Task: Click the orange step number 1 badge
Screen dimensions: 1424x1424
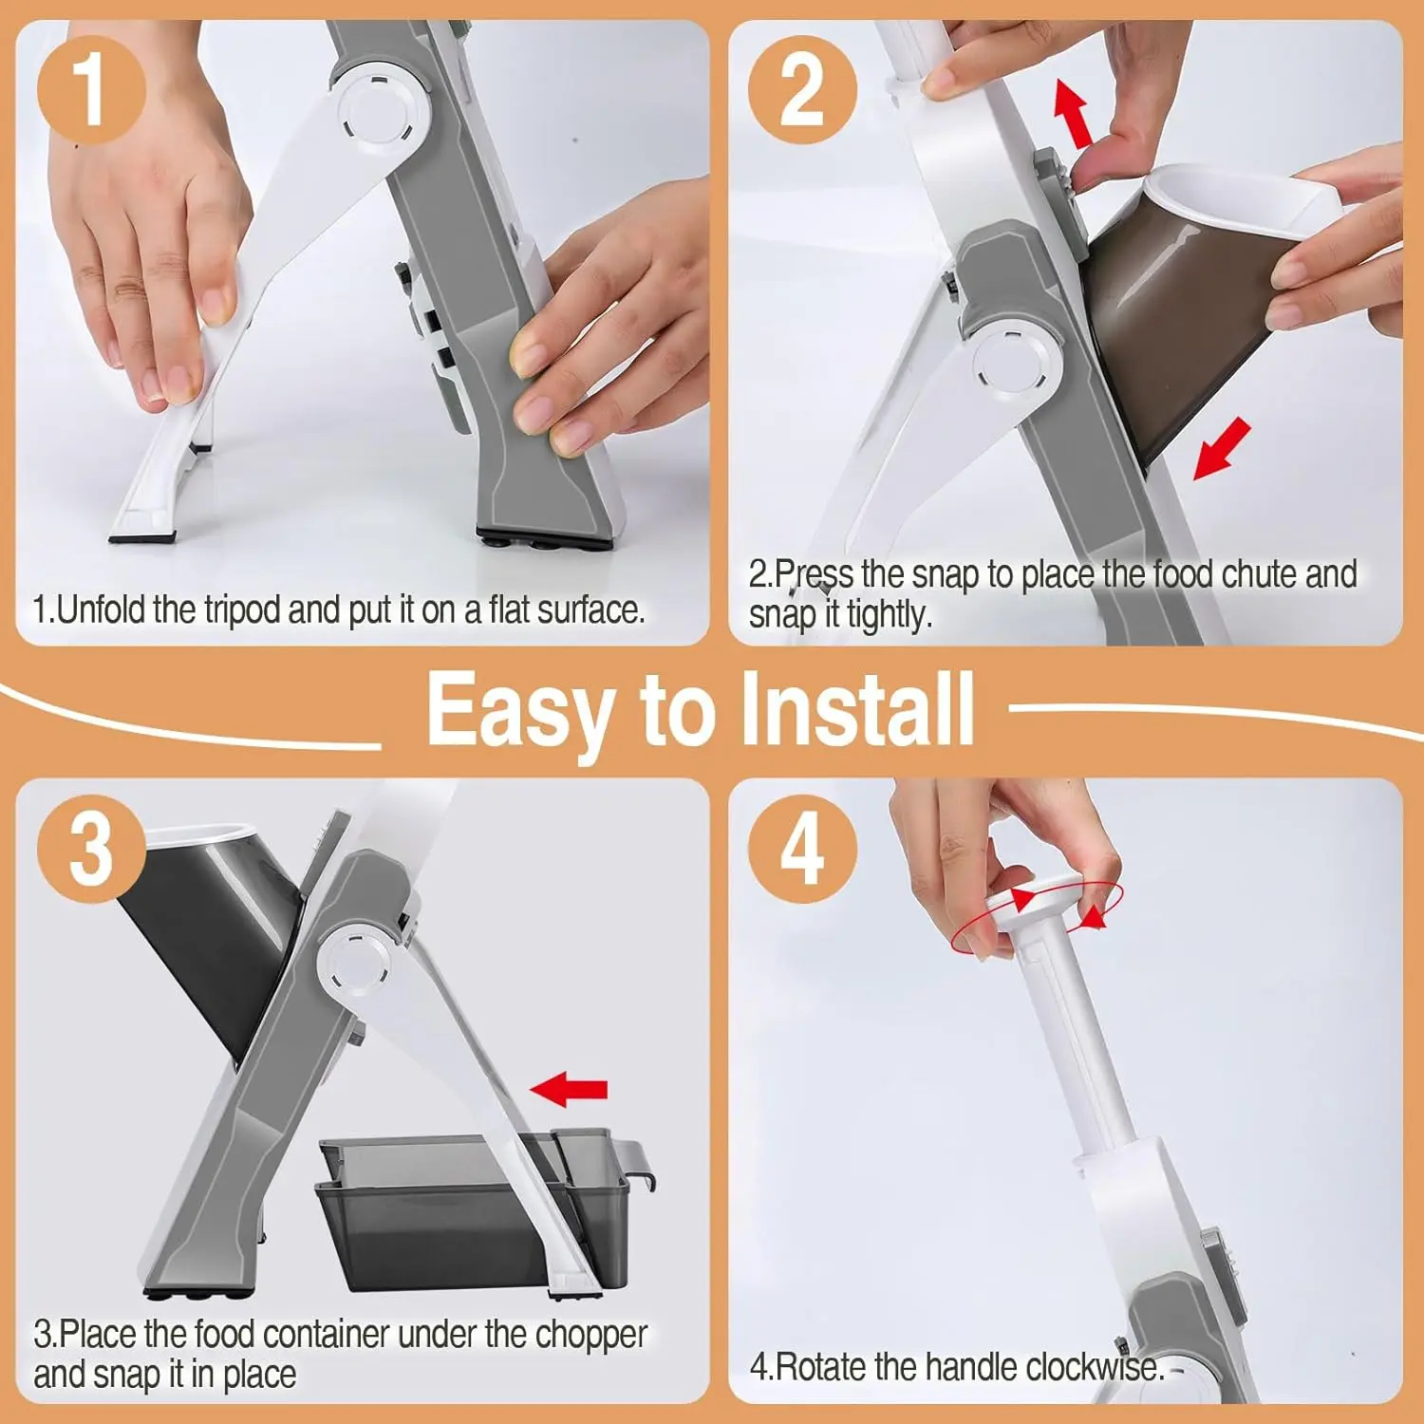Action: point(91,91)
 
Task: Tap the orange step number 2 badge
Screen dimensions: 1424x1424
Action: point(802,91)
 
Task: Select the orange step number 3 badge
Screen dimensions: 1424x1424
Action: point(91,849)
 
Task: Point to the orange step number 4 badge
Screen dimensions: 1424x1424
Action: point(802,849)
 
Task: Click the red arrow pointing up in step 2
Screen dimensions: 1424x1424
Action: point(1074,113)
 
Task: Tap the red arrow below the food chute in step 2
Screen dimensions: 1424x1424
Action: point(1222,450)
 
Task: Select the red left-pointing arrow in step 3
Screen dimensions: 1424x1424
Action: point(569,1088)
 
